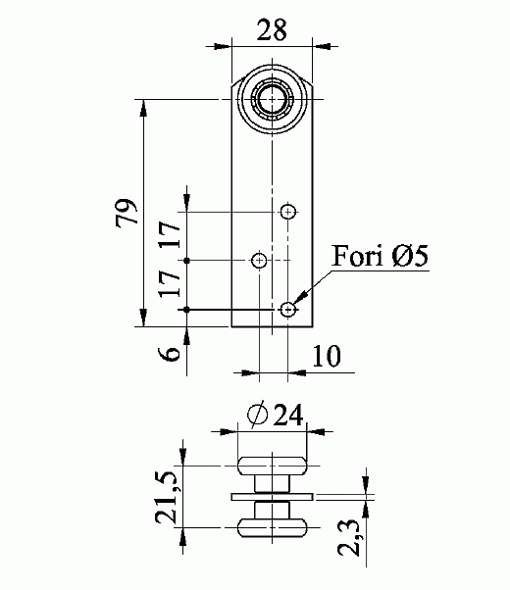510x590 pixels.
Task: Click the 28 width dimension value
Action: pyautogui.click(x=272, y=29)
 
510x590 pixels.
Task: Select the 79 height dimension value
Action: pyautogui.click(x=127, y=212)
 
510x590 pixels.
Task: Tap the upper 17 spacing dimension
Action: pyautogui.click(x=169, y=234)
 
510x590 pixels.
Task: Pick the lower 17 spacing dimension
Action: pyautogui.click(x=169, y=283)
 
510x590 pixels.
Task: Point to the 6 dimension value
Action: pyautogui.click(x=169, y=354)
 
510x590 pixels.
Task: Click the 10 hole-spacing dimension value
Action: pyautogui.click(x=327, y=356)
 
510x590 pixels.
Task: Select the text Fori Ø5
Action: pyautogui.click(x=381, y=256)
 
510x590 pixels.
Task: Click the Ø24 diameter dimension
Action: pyautogui.click(x=275, y=416)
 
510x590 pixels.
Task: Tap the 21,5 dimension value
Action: pyautogui.click(x=166, y=498)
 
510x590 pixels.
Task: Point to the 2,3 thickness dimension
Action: pyautogui.click(x=349, y=537)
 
